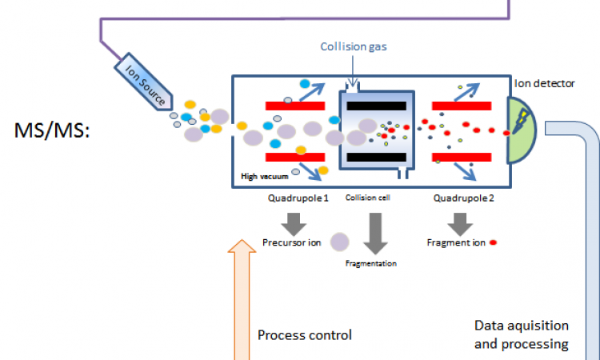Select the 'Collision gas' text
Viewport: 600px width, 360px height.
(x=354, y=46)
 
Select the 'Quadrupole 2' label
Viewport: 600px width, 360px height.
(x=463, y=197)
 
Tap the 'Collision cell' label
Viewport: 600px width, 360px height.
(x=367, y=197)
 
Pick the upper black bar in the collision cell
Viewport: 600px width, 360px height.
(x=377, y=105)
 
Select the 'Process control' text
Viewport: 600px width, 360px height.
(x=305, y=334)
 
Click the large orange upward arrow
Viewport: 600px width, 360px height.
(x=240, y=296)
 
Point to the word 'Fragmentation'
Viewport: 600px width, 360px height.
(x=370, y=262)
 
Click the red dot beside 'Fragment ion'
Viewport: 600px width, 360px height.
(x=494, y=242)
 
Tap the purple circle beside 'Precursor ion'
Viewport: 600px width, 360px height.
(x=339, y=242)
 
